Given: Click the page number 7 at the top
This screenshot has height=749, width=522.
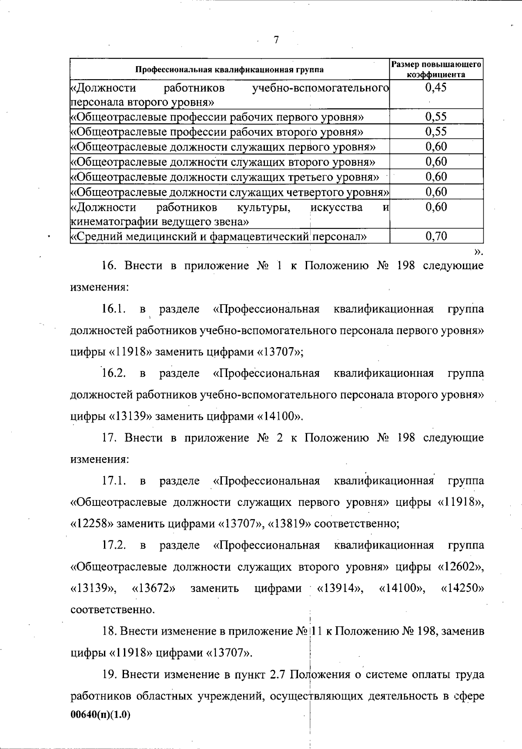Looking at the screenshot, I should pyautogui.click(x=276, y=40).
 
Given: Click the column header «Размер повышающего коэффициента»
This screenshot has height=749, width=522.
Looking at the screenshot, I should pyautogui.click(x=436, y=70).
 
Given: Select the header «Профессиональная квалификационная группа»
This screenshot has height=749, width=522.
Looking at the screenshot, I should pyautogui.click(x=230, y=70).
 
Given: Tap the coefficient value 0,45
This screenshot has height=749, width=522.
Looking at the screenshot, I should pyautogui.click(x=436, y=87).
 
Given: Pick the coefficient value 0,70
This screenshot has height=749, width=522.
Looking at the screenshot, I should pyautogui.click(x=436, y=236).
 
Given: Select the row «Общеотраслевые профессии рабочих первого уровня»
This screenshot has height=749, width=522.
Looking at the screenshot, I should pyautogui.click(x=217, y=117).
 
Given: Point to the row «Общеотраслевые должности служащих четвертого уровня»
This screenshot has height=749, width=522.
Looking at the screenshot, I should pyautogui.click(x=230, y=192).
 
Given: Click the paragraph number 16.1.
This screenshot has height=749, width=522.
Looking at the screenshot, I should pyautogui.click(x=114, y=309).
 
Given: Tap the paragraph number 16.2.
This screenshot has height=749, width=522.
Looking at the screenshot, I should pyautogui.click(x=114, y=373).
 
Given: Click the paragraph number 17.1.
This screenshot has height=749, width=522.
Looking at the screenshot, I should pyautogui.click(x=114, y=481).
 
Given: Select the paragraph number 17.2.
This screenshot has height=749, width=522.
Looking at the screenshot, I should pyautogui.click(x=114, y=545).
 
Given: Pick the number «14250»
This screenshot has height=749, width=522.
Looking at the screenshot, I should pyautogui.click(x=462, y=588).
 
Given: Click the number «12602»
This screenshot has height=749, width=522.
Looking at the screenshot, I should pyautogui.click(x=460, y=567).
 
